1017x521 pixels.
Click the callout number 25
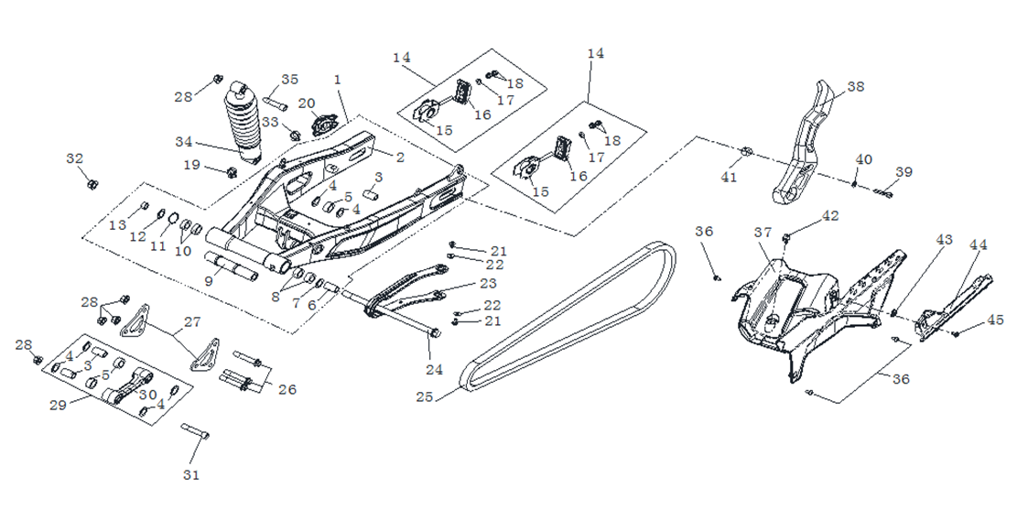[x=423, y=397]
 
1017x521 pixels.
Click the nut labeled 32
[x=92, y=184]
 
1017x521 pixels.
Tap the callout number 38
[x=855, y=87]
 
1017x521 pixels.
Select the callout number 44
[x=979, y=244]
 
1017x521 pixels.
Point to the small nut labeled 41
[x=745, y=151]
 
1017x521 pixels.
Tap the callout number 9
[x=209, y=281]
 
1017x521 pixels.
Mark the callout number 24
[x=434, y=370]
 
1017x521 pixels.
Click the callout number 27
[x=192, y=321]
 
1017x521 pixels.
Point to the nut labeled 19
[x=232, y=171]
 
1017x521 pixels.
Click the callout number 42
[x=829, y=216]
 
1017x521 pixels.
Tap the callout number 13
[x=117, y=225]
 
